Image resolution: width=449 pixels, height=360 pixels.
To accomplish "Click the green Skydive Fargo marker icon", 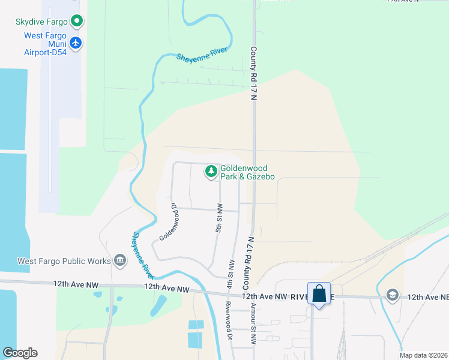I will [77, 22].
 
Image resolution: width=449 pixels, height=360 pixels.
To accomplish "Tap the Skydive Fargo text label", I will [41, 22].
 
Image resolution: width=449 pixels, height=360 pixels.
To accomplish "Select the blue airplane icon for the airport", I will [76, 43].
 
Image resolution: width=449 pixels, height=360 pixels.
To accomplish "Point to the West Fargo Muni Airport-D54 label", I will [45, 44].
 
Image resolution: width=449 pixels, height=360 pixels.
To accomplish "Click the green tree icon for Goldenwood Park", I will [211, 172].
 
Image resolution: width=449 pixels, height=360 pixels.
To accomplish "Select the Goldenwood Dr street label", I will [169, 221].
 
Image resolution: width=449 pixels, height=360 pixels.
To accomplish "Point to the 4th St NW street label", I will [230, 273].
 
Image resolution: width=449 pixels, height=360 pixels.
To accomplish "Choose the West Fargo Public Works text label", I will [64, 261].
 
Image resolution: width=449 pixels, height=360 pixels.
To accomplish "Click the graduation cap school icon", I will [393, 294].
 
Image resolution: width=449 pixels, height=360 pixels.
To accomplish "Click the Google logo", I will [20, 353].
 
